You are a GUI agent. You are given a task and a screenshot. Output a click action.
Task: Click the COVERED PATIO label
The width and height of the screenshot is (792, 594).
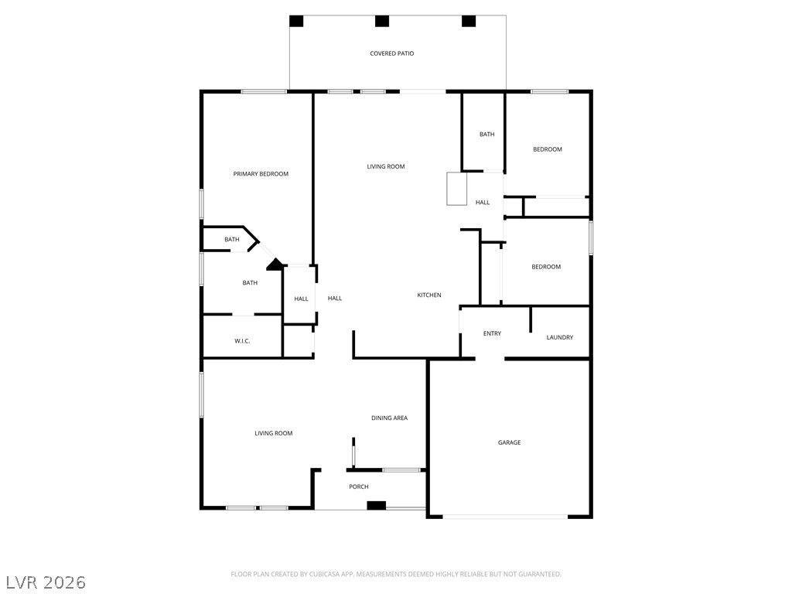point(392,53)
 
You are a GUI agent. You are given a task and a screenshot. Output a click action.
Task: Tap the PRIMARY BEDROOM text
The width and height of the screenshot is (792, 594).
point(261,174)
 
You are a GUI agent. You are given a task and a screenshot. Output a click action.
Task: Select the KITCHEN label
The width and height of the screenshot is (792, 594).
point(428,295)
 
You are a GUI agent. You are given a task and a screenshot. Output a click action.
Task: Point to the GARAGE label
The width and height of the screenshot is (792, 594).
point(509,442)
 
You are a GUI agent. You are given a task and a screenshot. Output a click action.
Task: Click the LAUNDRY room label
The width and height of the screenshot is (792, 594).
point(560,337)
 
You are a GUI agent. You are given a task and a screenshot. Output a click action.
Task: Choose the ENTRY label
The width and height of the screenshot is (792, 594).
point(492,333)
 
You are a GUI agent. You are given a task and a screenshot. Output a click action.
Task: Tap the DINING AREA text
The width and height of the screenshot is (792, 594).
point(390,418)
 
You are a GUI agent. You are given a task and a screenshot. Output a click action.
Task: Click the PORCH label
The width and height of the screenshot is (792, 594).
point(359,486)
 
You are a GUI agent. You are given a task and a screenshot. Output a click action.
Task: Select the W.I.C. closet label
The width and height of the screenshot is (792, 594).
point(242,341)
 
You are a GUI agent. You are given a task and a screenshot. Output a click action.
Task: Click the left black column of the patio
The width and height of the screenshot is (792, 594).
point(296,21)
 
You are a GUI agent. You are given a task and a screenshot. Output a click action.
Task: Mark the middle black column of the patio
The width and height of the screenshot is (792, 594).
point(382,21)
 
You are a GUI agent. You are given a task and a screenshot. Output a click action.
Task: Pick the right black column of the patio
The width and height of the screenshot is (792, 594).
point(469,21)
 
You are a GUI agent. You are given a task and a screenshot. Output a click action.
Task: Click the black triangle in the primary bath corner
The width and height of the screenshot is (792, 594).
point(275,265)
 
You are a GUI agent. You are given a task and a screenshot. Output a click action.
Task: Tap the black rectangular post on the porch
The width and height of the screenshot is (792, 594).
point(377,505)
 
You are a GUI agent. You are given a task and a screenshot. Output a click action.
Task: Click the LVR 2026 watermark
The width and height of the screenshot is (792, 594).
point(46,582)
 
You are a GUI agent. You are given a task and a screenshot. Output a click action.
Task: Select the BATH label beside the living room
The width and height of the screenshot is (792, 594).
point(487,135)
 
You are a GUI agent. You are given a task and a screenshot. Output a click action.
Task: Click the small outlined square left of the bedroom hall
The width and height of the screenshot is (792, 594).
point(456,189)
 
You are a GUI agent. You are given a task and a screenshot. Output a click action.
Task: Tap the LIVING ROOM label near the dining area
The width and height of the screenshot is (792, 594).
point(273,433)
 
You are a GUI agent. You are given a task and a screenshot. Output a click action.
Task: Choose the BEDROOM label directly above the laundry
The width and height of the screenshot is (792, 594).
point(546,267)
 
